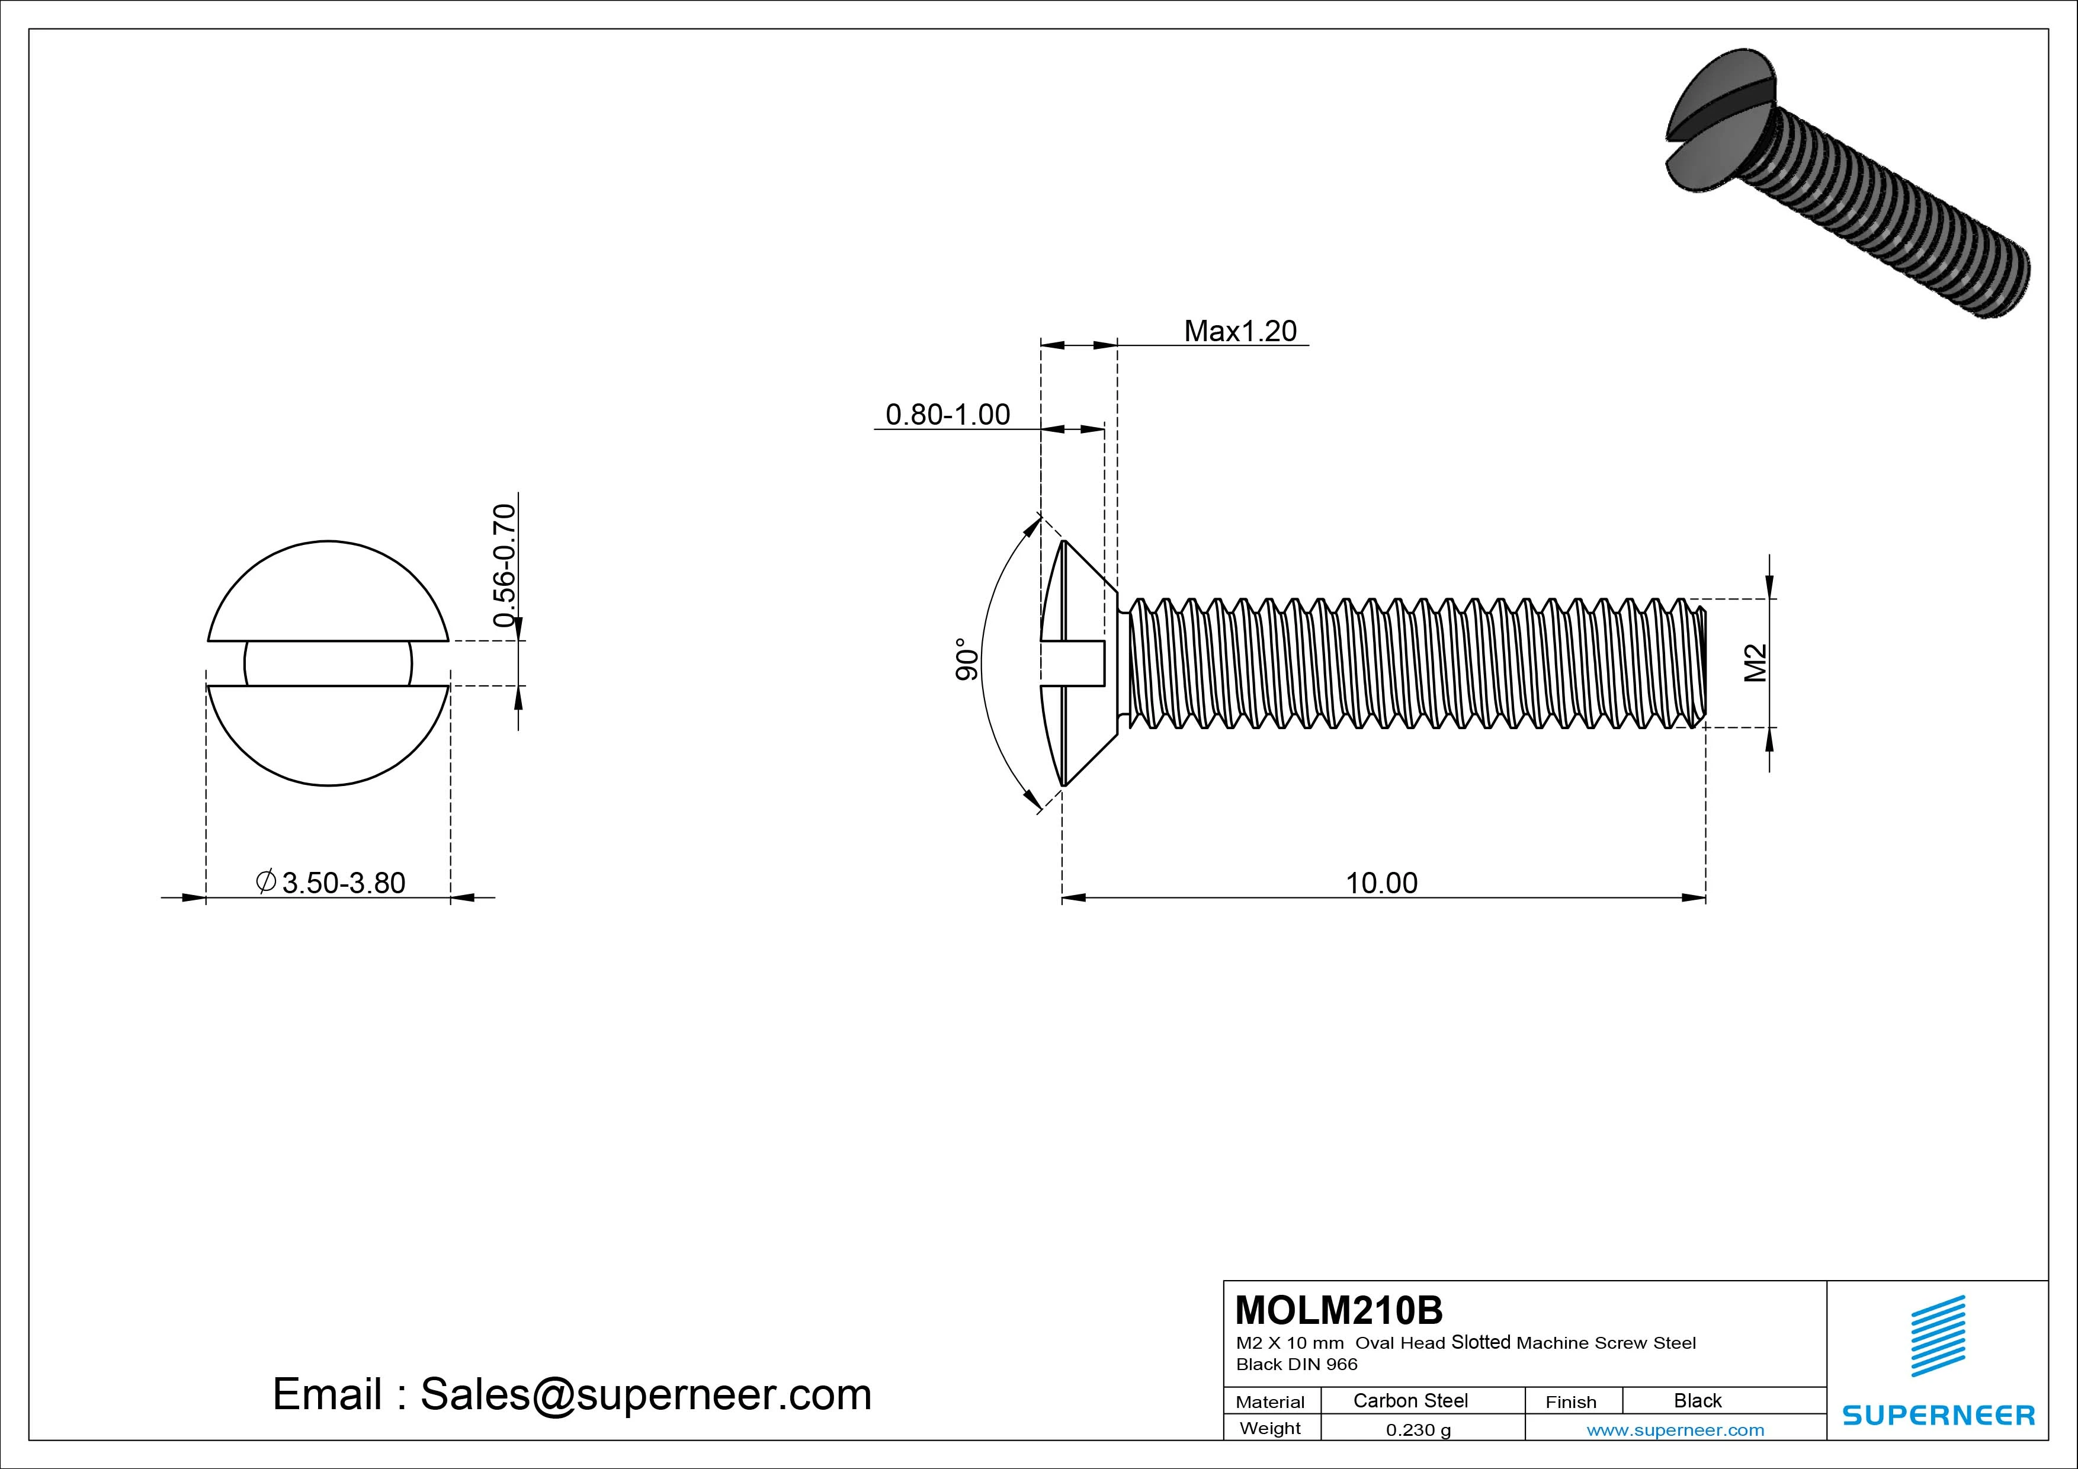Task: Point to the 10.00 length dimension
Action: (1381, 883)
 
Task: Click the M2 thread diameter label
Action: (1755, 663)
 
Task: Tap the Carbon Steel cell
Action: (1410, 1400)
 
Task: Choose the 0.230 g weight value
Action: (1418, 1430)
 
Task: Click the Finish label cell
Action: (1570, 1401)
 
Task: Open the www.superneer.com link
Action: (1675, 1430)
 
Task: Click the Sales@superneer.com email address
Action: (645, 1394)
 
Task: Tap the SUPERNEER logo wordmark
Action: (1938, 1415)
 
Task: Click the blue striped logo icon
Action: (1937, 1335)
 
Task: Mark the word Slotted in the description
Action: (1481, 1342)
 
